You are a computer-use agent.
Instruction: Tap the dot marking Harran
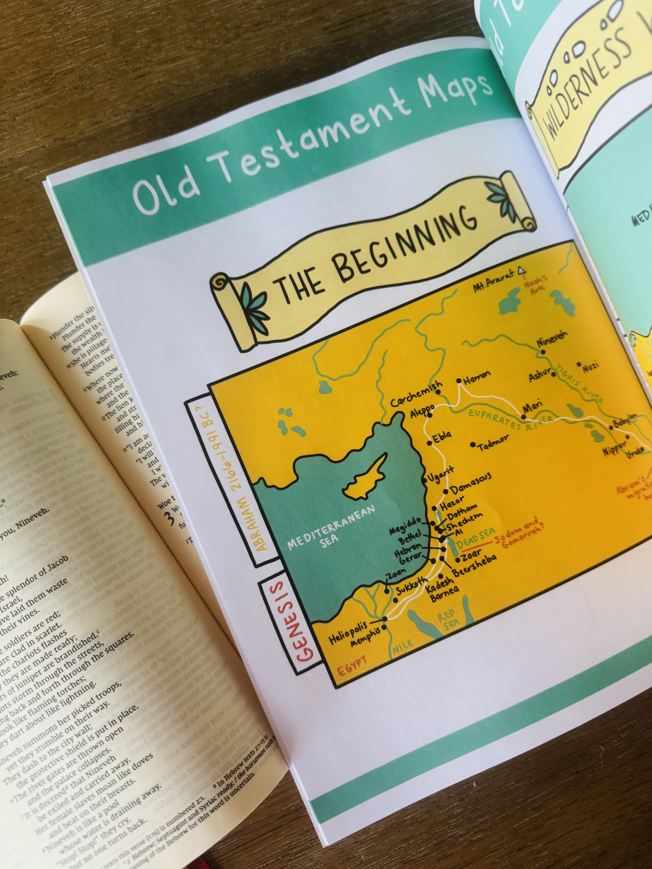click(459, 381)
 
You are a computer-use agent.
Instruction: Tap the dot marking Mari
click(524, 417)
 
